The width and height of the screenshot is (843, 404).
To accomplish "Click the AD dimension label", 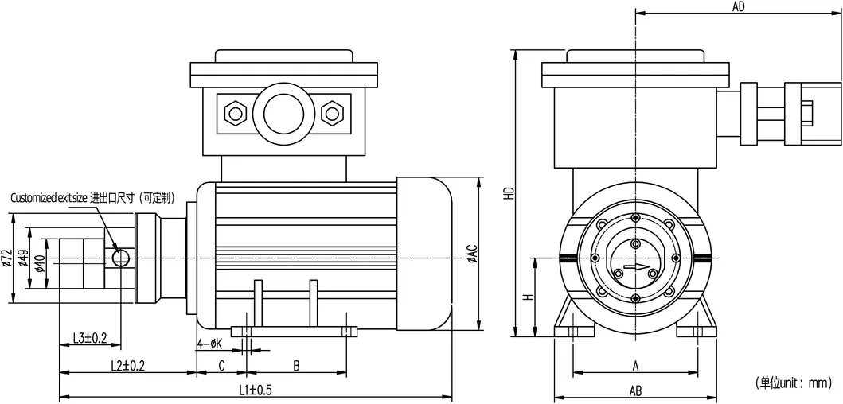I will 738,7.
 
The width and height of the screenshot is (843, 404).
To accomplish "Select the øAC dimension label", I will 471,253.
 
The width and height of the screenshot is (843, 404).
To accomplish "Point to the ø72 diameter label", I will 6,258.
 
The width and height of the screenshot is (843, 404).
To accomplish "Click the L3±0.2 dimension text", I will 90,338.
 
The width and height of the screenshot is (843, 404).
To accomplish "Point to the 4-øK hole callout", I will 209,344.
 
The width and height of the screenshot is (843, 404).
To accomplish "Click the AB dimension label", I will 635,390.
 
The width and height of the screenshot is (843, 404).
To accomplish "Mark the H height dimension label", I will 527,297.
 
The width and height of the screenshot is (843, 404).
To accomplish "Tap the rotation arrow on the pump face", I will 635,267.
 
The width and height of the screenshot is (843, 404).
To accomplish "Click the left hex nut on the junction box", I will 235,112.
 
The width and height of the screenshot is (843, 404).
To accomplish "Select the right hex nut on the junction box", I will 330,112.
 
